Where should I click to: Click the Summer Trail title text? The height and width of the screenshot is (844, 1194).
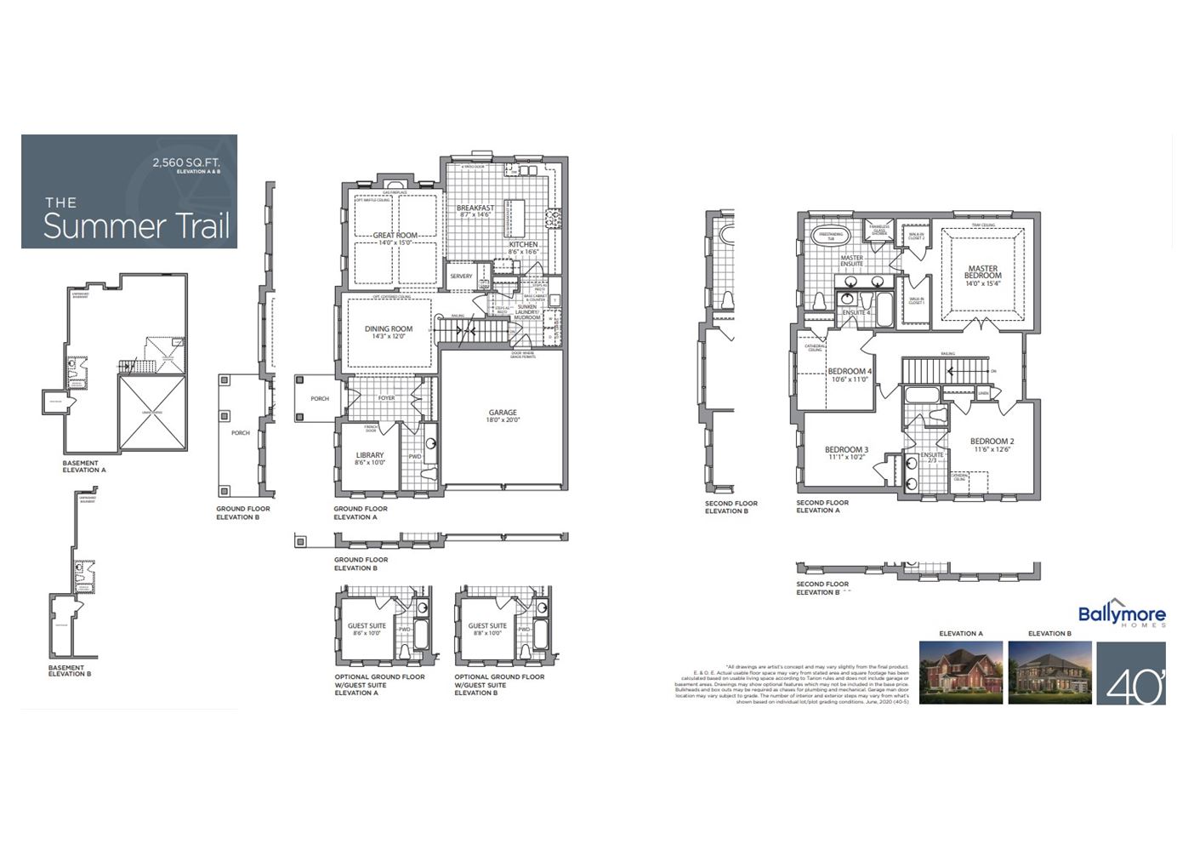point(136,225)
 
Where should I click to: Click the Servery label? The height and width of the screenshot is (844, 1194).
point(461,277)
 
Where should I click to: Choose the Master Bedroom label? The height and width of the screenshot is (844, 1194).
point(982,272)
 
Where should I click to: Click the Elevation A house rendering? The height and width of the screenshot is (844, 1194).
point(961,673)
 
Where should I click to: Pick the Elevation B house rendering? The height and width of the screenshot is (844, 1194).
point(1049,673)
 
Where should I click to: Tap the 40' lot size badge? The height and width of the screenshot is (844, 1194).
point(1130,675)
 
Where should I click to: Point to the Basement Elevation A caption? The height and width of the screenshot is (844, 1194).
point(84,466)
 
